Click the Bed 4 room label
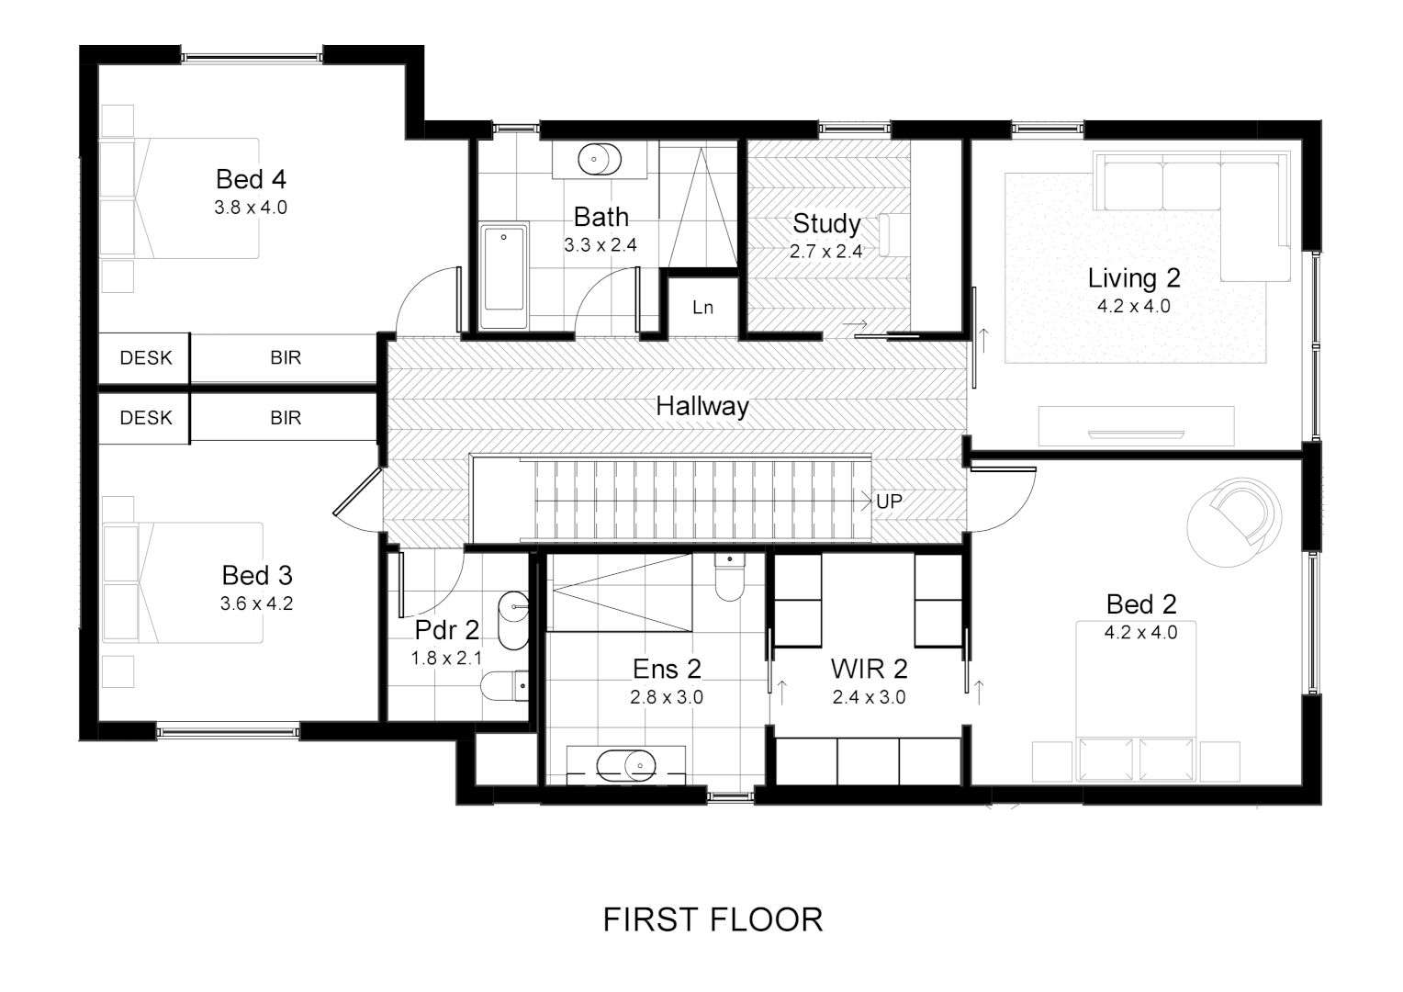(251, 179)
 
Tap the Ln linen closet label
(702, 308)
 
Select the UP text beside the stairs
(889, 502)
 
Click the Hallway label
(701, 406)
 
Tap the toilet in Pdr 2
(507, 684)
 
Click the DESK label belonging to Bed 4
(145, 358)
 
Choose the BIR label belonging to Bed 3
(286, 418)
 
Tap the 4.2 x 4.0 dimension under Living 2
(1133, 306)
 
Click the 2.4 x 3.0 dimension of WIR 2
(869, 697)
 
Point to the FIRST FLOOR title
(713, 919)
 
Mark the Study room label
(826, 223)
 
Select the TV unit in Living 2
(1136, 426)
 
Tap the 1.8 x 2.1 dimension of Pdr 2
(446, 658)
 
